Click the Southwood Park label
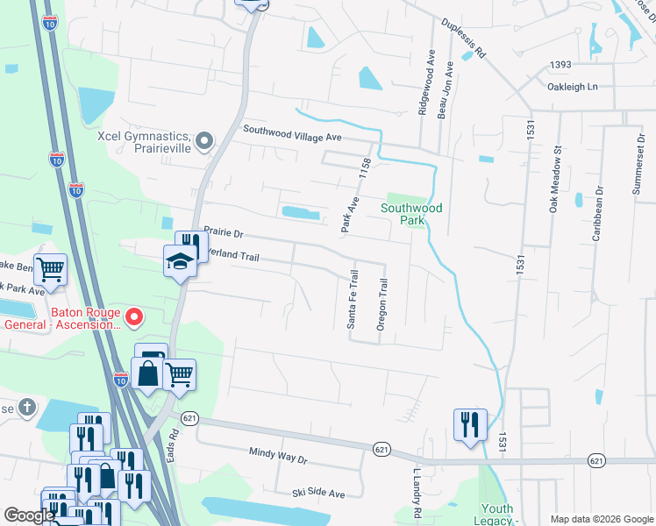[x=411, y=214]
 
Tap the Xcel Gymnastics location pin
[x=204, y=140]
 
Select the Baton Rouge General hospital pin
[x=134, y=316]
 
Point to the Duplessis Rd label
[x=464, y=38]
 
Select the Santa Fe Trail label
[x=353, y=300]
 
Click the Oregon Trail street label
[x=381, y=304]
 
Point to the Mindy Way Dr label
[x=279, y=458]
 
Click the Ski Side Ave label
[x=318, y=493]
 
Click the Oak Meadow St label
[x=554, y=179]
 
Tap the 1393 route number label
[x=561, y=65]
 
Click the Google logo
[x=29, y=515]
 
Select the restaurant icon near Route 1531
[x=470, y=424]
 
